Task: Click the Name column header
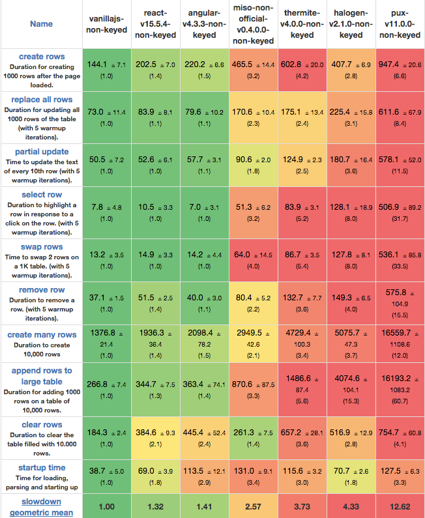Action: [41, 24]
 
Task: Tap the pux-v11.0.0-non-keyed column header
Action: [400, 24]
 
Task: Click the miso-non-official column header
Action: [253, 24]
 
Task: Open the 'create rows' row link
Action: [42, 57]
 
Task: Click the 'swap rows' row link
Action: [42, 248]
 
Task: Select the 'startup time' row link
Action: [42, 467]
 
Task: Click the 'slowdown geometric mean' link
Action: [42, 507]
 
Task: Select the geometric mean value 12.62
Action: [400, 507]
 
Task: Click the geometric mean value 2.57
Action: [253, 507]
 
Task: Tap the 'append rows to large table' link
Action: [42, 376]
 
